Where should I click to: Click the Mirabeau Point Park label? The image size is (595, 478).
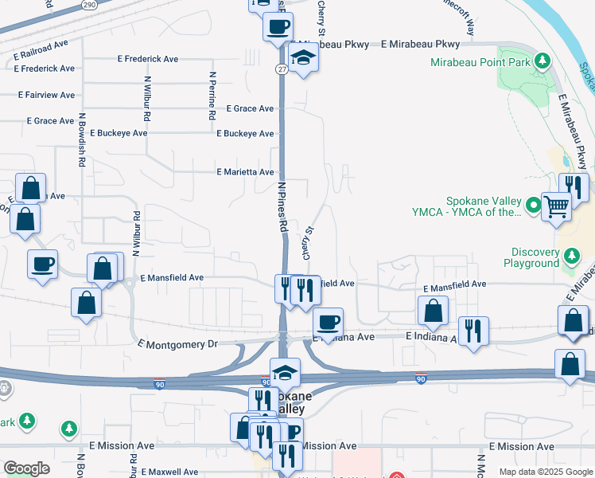[x=480, y=61]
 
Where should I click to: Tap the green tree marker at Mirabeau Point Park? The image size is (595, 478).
[x=542, y=61]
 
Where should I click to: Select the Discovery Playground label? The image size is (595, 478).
[x=532, y=257]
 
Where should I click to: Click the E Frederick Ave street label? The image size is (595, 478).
[x=147, y=59]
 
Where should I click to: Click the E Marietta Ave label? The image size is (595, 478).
[x=245, y=171]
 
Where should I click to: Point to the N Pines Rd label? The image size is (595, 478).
[x=282, y=206]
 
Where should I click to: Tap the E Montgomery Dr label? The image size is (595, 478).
[x=177, y=344]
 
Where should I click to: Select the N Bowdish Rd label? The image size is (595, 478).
[x=81, y=140]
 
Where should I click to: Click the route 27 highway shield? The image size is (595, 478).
[x=282, y=69]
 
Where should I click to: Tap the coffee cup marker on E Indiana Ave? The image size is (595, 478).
[x=328, y=322]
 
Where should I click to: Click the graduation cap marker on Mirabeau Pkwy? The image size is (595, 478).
[x=302, y=58]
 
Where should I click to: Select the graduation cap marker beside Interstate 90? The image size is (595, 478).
[x=285, y=372]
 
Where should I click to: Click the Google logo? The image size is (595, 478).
[x=26, y=468]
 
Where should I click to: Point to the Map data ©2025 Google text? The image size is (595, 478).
[x=545, y=472]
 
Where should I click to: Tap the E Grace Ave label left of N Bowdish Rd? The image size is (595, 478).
[x=50, y=121]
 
